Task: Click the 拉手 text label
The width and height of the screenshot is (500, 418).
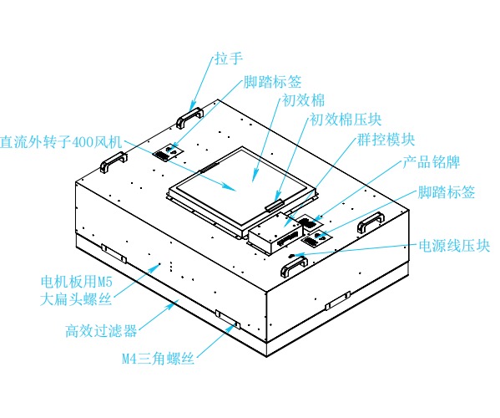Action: (x=227, y=58)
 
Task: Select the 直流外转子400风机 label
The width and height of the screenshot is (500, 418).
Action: (x=62, y=141)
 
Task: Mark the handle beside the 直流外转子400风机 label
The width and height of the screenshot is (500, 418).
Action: (x=112, y=166)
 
